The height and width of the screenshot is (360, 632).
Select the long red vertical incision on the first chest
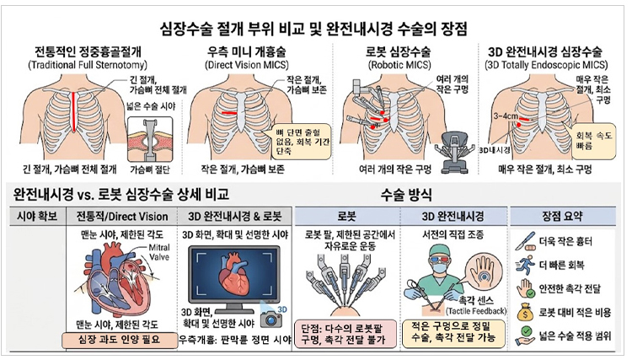click(x=76, y=109)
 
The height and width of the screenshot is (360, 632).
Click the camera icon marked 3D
click(x=272, y=316)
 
